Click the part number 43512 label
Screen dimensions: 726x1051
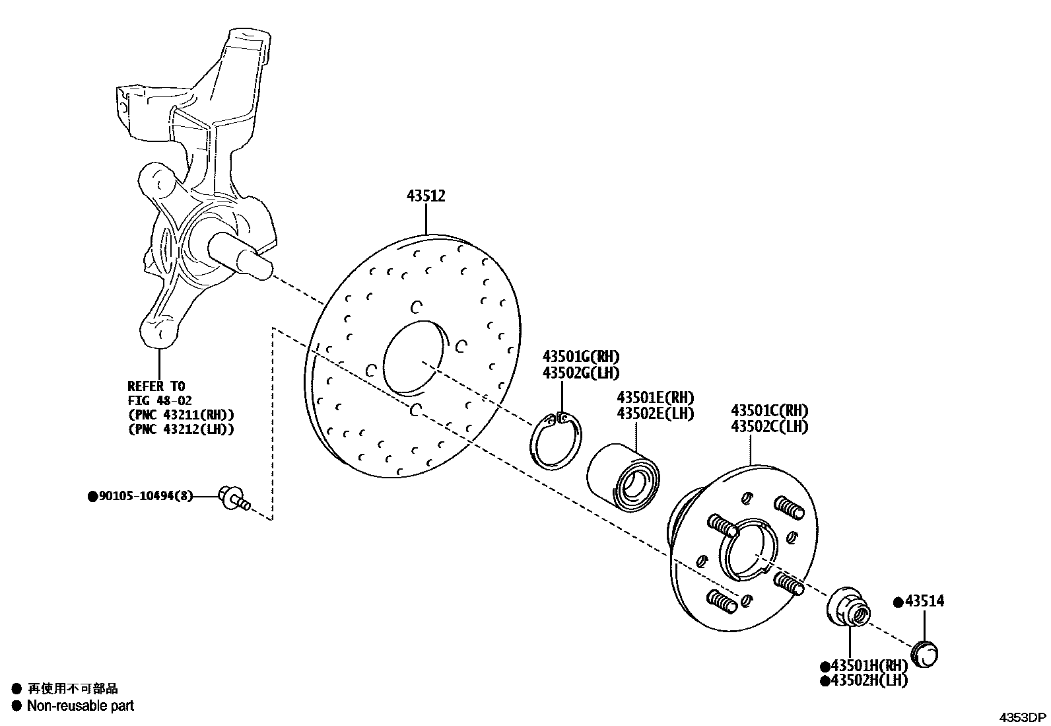point(426,196)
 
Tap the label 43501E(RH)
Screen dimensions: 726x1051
point(655,398)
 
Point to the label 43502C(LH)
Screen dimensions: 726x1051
point(769,427)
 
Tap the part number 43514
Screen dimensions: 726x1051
point(924,601)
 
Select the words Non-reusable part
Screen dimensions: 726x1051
point(80,706)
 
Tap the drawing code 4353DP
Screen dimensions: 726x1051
point(1021,717)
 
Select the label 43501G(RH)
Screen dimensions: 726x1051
point(581,357)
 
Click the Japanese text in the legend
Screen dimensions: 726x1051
point(73,689)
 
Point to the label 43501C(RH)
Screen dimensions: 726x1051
point(769,411)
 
